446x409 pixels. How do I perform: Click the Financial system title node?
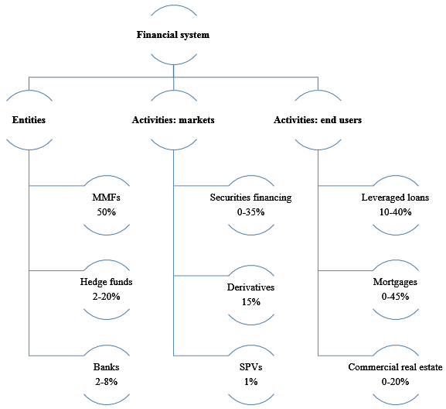tap(173, 35)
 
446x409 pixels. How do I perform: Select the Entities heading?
tap(29, 120)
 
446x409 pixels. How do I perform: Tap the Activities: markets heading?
tap(173, 120)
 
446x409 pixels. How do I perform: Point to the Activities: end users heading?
tap(318, 120)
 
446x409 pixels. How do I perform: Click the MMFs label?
tap(106, 198)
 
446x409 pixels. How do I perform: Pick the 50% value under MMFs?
tap(107, 212)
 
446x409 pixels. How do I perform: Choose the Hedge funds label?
tap(106, 282)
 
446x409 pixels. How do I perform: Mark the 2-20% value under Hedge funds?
tap(106, 297)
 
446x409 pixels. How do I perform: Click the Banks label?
tap(106, 367)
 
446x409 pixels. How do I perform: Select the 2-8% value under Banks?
tap(106, 382)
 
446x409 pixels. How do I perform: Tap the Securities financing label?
tap(251, 198)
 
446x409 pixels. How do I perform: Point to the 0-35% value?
tap(251, 212)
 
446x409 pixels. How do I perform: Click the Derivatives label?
tap(250, 287)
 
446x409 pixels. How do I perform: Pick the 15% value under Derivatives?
tap(251, 302)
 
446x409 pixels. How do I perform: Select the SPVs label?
tap(251, 367)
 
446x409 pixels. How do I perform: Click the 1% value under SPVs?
tap(251, 382)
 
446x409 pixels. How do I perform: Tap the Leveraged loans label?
tap(395, 198)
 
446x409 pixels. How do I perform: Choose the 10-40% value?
tap(395, 212)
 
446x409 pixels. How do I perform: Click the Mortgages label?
tap(395, 282)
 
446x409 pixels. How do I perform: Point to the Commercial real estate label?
tap(395, 367)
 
